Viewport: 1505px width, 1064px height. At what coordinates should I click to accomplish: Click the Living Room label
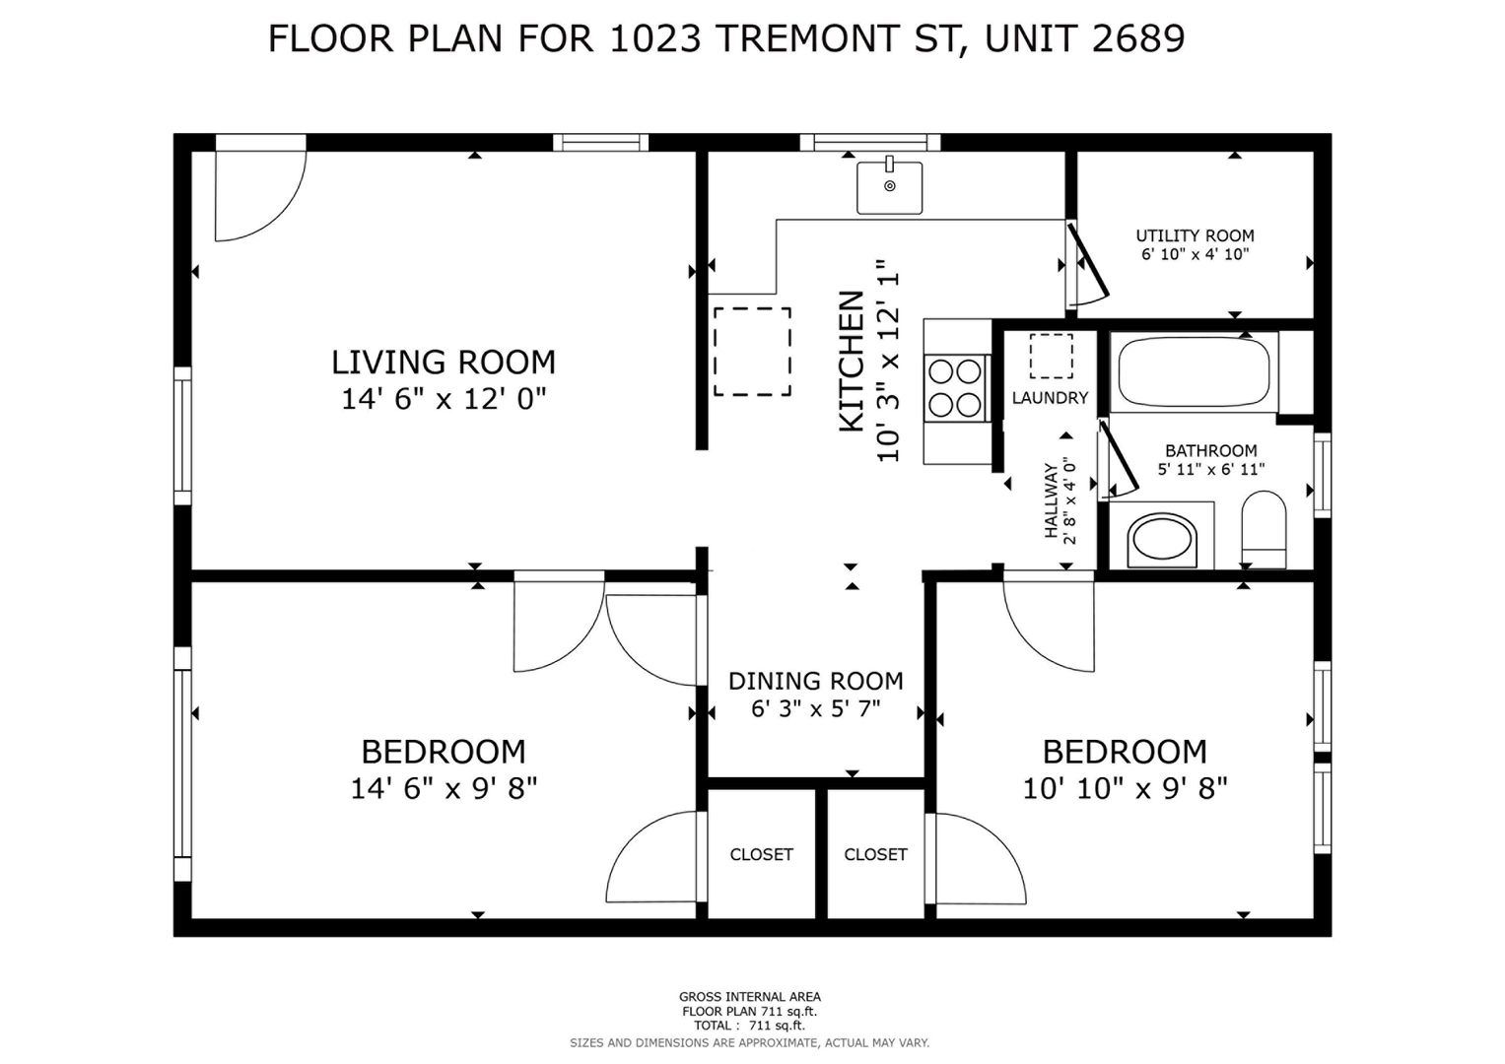(444, 363)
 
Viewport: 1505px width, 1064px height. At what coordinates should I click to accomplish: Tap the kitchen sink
(889, 187)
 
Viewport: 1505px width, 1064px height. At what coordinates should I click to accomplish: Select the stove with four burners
(955, 388)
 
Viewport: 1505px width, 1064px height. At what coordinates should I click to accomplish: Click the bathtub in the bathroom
(1194, 370)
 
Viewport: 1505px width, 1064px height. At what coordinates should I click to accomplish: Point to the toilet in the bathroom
(1264, 529)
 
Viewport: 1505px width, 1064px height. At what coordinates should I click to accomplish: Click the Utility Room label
(1195, 235)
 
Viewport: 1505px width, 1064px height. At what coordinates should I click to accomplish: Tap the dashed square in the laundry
(1051, 356)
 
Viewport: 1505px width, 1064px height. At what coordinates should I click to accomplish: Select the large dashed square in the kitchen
(752, 352)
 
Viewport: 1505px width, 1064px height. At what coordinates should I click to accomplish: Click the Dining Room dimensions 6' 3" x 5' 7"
(816, 708)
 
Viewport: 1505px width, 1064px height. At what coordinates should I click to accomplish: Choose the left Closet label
(761, 854)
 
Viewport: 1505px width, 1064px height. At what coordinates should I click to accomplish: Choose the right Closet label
(875, 854)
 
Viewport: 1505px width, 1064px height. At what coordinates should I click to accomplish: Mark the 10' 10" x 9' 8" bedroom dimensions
(1125, 788)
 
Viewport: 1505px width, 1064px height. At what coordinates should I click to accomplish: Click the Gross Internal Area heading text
(750, 997)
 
